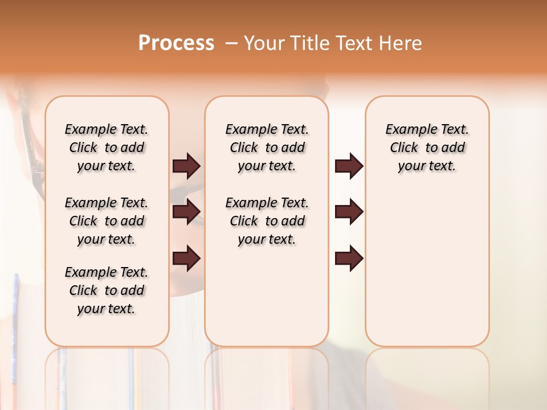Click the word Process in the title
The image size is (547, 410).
click(176, 43)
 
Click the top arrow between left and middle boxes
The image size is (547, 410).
click(186, 166)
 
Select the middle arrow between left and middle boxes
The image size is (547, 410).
click(186, 212)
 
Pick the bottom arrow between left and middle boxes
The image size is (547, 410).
click(186, 259)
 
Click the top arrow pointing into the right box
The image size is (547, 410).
click(349, 166)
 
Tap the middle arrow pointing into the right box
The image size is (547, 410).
click(349, 212)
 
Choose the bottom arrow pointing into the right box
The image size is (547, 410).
click(349, 259)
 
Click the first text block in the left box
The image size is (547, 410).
click(107, 147)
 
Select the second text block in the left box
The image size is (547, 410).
click(107, 221)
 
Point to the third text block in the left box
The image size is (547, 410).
click(107, 290)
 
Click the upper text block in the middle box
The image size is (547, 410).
click(267, 147)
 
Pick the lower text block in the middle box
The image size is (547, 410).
click(267, 221)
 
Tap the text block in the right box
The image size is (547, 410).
click(427, 147)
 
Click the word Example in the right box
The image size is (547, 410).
click(407, 130)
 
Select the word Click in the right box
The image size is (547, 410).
click(404, 148)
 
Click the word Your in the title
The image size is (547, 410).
click(264, 43)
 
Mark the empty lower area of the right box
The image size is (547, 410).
click(427, 268)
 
